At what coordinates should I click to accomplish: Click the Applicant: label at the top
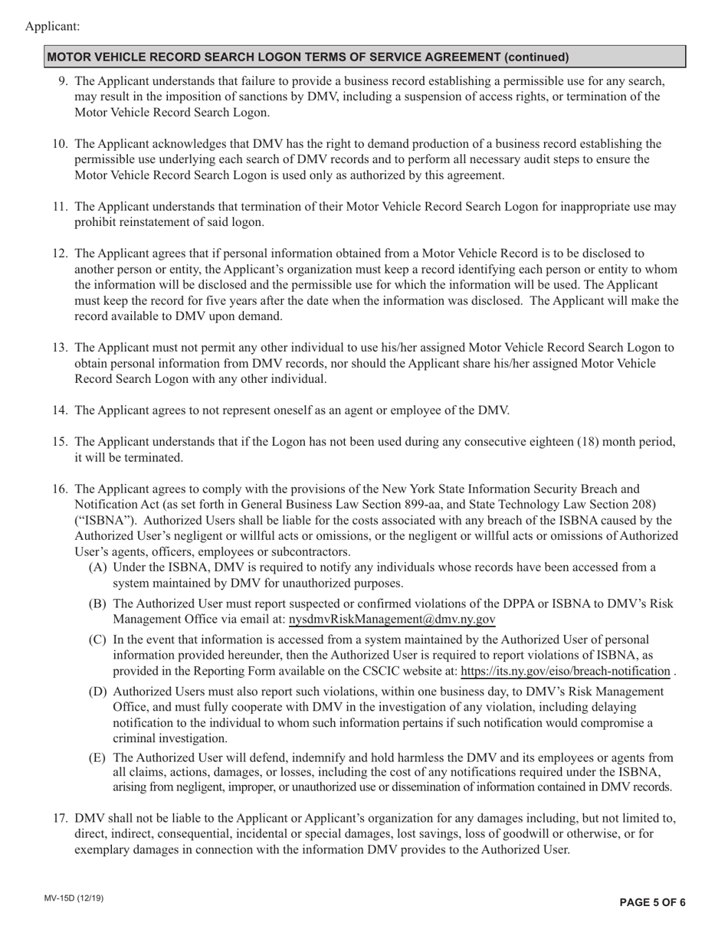point(52,27)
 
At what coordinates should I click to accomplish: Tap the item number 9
point(64,81)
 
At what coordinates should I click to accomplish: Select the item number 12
point(61,253)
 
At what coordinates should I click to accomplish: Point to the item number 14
point(61,410)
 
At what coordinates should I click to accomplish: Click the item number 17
point(61,818)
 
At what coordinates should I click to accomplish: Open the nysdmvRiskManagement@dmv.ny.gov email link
point(392,620)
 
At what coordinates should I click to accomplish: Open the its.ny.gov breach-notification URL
point(565,672)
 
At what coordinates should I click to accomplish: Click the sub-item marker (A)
point(97,567)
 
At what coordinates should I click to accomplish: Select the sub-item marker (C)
point(97,639)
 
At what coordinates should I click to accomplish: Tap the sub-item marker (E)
point(97,757)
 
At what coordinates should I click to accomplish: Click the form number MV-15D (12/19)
point(74,899)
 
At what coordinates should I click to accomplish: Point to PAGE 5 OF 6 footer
point(652,902)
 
